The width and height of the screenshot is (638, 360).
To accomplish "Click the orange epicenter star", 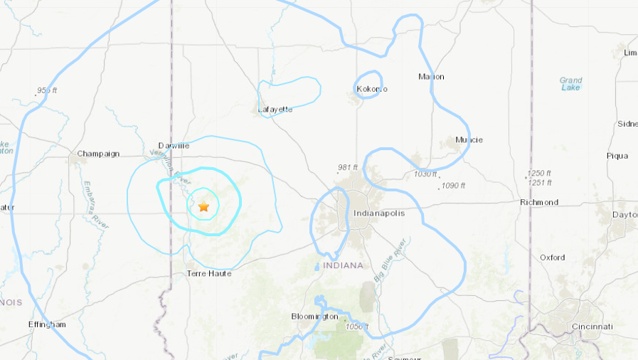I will point(203,206).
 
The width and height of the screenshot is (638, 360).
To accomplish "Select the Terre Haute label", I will point(208,273).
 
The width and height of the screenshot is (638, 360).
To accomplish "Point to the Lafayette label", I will point(275,110).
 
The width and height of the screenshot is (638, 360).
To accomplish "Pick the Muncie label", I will point(469,139).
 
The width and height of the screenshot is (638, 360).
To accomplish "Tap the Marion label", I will point(431,77).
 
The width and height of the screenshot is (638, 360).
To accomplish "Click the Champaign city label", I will point(98,154).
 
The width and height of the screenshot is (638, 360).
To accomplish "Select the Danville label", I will point(174,145).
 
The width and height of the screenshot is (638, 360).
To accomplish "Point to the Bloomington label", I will point(314,316).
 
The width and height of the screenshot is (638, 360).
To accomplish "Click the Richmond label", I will point(539,202).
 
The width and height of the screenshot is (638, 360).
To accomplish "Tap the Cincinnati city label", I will point(592,327).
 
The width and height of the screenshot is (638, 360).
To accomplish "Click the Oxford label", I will point(552,258).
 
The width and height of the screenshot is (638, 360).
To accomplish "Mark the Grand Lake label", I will point(570,84).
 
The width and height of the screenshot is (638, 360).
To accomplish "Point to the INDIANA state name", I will point(343,265).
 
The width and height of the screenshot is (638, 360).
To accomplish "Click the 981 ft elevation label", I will point(349,168).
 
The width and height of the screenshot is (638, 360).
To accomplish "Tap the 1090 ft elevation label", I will point(453,186).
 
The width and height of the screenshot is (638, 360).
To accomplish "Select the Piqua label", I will point(617,155).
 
